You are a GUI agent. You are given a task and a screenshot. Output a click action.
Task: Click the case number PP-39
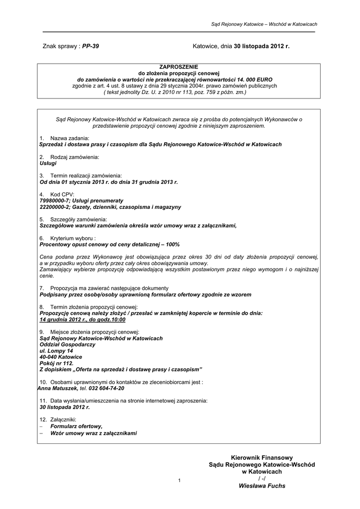90,46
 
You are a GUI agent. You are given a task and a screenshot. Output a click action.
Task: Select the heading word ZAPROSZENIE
179,67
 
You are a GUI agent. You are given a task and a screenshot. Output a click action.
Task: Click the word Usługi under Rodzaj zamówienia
48,163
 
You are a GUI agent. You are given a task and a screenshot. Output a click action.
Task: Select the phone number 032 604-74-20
106,388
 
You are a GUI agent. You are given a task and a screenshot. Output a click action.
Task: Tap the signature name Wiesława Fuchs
262,486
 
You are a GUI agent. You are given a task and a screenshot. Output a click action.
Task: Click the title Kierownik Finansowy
262,457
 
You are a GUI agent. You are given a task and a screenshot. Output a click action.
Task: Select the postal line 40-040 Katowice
61,357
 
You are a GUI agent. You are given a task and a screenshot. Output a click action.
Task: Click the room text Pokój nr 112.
56,363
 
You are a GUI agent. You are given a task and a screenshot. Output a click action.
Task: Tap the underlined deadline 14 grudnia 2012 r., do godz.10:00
83,320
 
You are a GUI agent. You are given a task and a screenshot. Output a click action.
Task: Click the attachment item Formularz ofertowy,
76,426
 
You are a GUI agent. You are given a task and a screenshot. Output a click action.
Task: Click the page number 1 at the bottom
179,480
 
